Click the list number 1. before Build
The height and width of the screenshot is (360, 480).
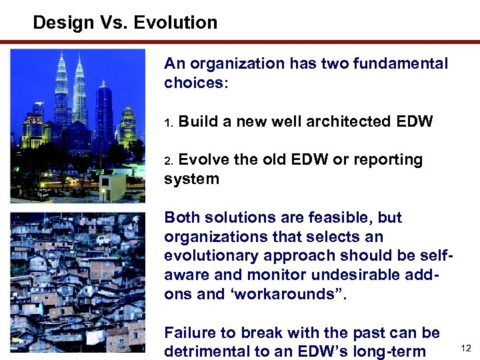(x=169, y=123)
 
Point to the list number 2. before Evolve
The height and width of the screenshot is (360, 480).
(x=169, y=161)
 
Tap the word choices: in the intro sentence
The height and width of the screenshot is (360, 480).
(x=196, y=83)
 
